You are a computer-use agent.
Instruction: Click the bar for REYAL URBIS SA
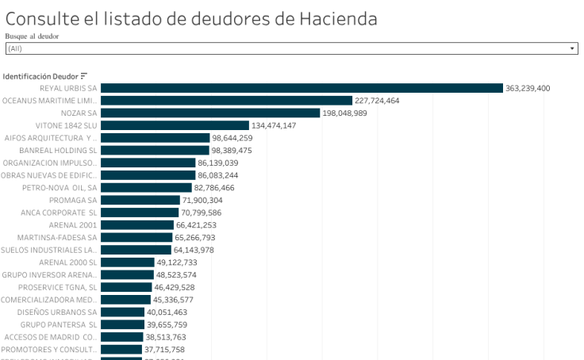pos(302,88)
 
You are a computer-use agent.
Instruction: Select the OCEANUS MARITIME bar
pos(226,101)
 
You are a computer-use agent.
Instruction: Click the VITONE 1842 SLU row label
pos(67,125)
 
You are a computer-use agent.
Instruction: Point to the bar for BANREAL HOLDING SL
pos(155,151)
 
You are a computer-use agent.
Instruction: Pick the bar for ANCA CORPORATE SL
pos(140,213)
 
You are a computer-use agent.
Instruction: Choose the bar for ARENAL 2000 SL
pos(128,262)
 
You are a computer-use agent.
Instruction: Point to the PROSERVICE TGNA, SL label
pos(58,287)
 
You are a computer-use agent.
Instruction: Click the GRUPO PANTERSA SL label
pos(59,324)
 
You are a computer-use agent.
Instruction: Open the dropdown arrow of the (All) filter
pos(572,48)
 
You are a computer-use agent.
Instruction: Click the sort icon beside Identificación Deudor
pos(84,76)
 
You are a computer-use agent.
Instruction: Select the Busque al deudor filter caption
pos(32,36)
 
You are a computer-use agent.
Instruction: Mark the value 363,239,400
pos(528,88)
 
